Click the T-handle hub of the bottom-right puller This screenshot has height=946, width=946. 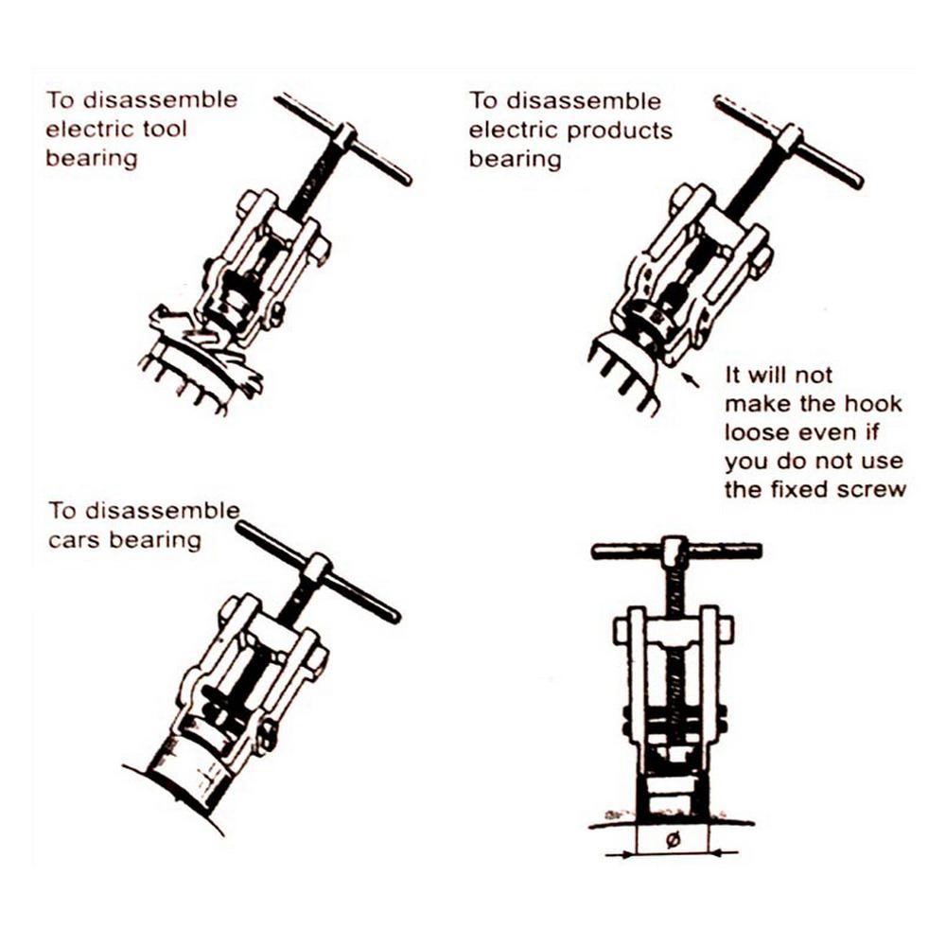click(x=674, y=550)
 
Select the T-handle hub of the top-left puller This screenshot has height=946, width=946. click(x=344, y=137)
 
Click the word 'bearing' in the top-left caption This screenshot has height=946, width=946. click(x=92, y=157)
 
